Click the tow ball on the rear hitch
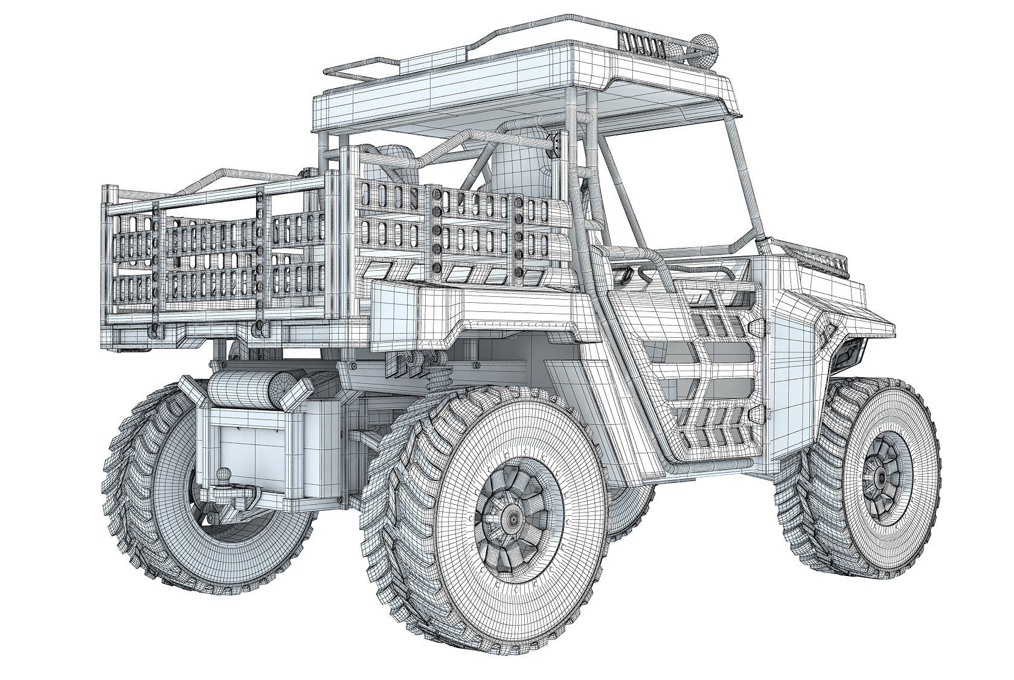point(225,476)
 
